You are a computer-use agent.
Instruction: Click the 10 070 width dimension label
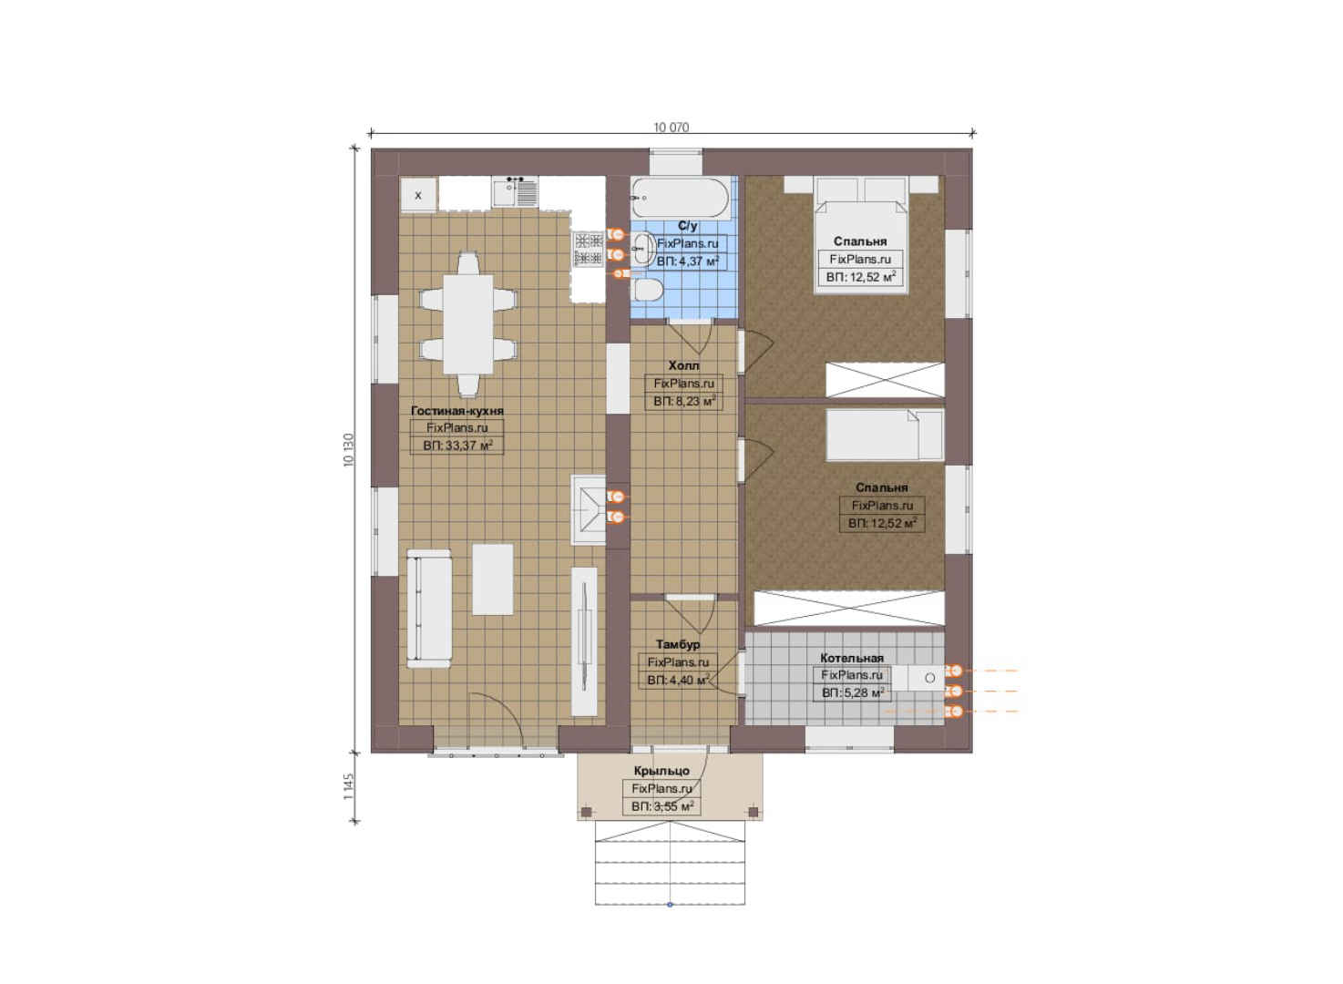(x=671, y=128)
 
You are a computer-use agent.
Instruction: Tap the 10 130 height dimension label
(x=349, y=450)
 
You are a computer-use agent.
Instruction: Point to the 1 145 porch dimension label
(x=349, y=786)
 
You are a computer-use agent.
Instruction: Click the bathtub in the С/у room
(x=680, y=198)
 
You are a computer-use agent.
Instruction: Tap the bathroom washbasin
(x=644, y=248)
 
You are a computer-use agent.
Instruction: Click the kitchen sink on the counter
(x=515, y=192)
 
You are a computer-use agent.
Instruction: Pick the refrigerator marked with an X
(x=418, y=194)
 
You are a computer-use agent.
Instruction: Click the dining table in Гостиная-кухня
(x=467, y=324)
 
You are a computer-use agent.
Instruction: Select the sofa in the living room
(x=428, y=609)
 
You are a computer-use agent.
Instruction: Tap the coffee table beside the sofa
(x=492, y=579)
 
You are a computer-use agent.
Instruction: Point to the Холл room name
(x=683, y=365)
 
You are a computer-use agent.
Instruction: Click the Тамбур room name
(x=678, y=644)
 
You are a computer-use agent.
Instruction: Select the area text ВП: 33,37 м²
(x=457, y=446)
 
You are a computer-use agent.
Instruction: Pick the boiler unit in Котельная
(x=927, y=678)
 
